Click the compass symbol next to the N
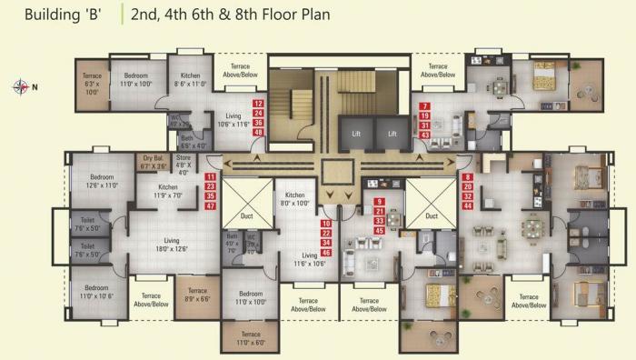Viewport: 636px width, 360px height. [x=20, y=87]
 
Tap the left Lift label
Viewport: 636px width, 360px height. [x=355, y=133]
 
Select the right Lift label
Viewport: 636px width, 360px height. [x=393, y=133]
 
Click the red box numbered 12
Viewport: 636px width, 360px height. [x=259, y=104]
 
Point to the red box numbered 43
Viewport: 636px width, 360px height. [x=424, y=135]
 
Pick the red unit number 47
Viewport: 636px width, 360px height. [x=211, y=206]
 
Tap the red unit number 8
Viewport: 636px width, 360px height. [x=467, y=177]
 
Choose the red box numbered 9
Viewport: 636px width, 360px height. [x=380, y=200]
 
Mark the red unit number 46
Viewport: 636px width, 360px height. [x=326, y=253]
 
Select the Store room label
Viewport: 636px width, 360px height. [x=184, y=165]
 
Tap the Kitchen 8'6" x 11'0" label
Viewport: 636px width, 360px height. [x=190, y=79]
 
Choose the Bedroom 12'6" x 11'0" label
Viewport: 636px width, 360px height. [x=102, y=181]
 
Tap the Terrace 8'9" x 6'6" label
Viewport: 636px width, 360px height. [x=197, y=295]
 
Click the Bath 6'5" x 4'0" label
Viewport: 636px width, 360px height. [x=194, y=141]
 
